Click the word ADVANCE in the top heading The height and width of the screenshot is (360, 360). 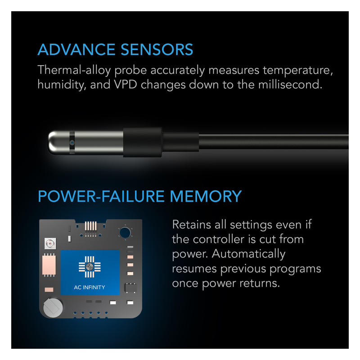point(76,49)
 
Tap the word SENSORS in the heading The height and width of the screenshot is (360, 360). point(157,49)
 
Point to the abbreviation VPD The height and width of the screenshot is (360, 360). point(126,85)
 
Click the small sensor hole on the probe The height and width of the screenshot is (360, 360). point(72,143)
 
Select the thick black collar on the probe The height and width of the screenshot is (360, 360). point(143,142)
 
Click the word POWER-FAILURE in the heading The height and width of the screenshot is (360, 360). point(101,196)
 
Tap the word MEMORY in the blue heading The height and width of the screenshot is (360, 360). point(206,196)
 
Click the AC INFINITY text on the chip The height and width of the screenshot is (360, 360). point(90,287)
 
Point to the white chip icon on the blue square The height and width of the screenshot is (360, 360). point(90,267)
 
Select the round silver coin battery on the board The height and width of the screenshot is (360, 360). point(53,308)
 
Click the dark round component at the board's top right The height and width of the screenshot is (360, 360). point(125,233)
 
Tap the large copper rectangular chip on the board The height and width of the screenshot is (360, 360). point(49,265)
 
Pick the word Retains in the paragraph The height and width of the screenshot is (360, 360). point(192,224)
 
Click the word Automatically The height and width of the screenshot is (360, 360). point(249,254)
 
